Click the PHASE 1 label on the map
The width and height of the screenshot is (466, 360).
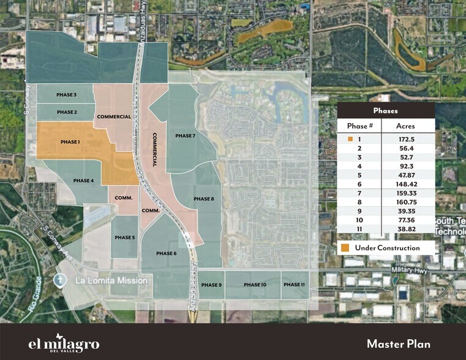[70, 141]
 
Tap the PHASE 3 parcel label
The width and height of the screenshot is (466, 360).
[66, 95]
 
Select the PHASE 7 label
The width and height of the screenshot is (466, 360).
[185, 135]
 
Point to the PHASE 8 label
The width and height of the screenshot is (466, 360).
[203, 199]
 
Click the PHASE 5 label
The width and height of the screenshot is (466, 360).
[124, 238]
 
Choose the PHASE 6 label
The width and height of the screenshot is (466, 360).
[166, 253]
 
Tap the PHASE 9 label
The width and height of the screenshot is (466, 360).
[211, 285]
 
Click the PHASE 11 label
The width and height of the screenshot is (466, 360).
[294, 285]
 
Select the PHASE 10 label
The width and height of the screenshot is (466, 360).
[255, 285]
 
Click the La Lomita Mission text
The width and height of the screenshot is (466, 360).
[111, 280]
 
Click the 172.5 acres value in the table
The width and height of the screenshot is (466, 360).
[407, 139]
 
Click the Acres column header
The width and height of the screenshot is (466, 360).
[407, 125]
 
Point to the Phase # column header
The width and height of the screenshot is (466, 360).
[360, 125]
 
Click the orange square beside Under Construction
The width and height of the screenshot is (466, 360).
[347, 248]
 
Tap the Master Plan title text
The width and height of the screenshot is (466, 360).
[400, 343]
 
